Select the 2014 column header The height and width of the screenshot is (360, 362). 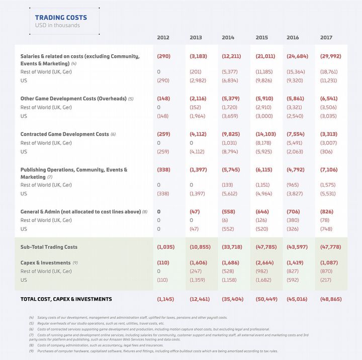coord(228,38)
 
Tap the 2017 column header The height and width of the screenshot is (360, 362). coord(326,38)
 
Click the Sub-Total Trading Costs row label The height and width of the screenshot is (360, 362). coord(49,247)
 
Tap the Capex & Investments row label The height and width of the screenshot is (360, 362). coord(45,263)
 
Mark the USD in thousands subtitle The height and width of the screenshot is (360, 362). coord(57,26)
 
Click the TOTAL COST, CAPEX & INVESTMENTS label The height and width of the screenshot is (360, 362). coord(66,299)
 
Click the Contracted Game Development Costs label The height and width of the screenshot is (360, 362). coord(64,135)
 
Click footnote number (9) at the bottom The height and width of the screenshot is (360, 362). coord(31,351)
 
